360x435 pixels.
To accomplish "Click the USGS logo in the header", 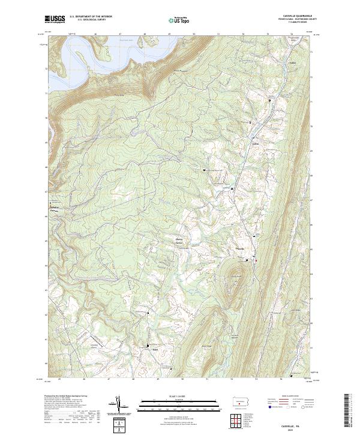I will pyautogui.click(x=55, y=19).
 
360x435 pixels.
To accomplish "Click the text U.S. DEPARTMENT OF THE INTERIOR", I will pyautogui.click(x=91, y=16).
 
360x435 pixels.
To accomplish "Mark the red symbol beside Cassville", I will pyautogui.click(x=255, y=260).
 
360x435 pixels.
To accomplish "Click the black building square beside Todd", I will pyautogui.click(x=148, y=345).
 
